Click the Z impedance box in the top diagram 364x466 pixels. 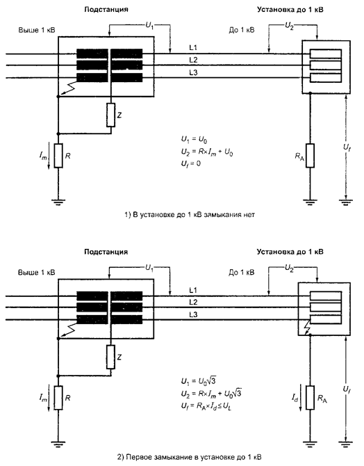pyautogui.click(x=110, y=115)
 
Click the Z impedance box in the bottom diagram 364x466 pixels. pyautogui.click(x=110, y=357)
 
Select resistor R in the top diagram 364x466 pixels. pyautogui.click(x=58, y=155)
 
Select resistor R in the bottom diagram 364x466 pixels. pyautogui.click(x=58, y=398)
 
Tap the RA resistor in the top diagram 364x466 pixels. pyautogui.click(x=310, y=155)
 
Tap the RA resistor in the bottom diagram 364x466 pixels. pyautogui.click(x=310, y=398)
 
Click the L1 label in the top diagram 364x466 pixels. pyautogui.click(x=193, y=47)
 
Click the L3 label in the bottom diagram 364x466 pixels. pyautogui.click(x=193, y=315)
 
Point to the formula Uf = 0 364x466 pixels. pyautogui.click(x=191, y=163)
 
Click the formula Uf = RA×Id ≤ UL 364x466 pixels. pyautogui.click(x=206, y=406)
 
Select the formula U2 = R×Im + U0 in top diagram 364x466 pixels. pyautogui.click(x=207, y=152)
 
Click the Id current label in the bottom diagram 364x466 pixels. pyautogui.click(x=295, y=399)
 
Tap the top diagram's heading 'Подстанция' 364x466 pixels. pyautogui.click(x=106, y=10)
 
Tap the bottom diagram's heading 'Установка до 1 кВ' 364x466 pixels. pyautogui.click(x=290, y=252)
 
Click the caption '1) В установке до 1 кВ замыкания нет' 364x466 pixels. pyautogui.click(x=190, y=215)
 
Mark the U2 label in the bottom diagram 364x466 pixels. pyautogui.click(x=289, y=268)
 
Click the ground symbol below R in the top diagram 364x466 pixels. pyautogui.click(x=58, y=202)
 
